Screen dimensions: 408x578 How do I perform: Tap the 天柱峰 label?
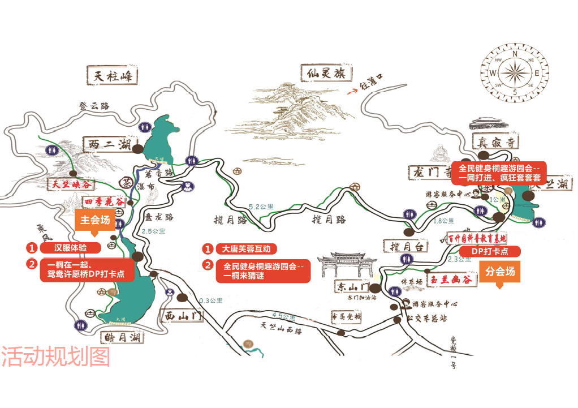pos(113,75)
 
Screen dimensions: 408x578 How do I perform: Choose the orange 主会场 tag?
pos(94,220)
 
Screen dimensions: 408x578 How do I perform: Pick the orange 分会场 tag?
pos(500,272)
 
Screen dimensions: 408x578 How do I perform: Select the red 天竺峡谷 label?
pos(71,184)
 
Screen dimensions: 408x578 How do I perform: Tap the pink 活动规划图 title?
pos(55,357)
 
